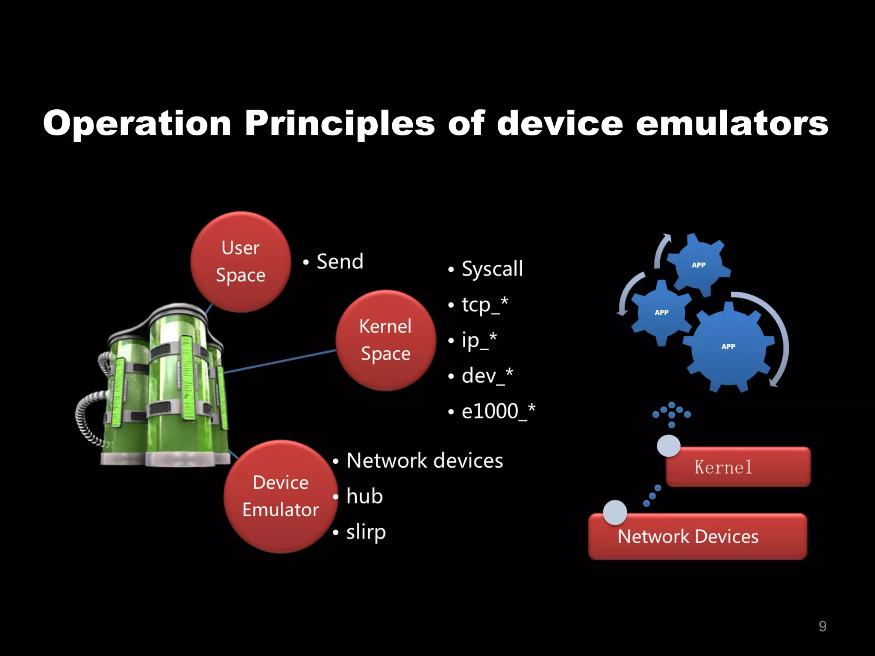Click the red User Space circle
tap(241, 262)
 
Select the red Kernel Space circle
tap(385, 340)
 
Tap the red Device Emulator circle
tap(281, 496)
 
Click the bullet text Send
tap(340, 261)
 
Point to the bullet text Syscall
tap(492, 269)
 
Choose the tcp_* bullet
tap(484, 305)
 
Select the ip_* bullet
tap(479, 340)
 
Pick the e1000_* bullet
tap(498, 411)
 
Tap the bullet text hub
tap(364, 496)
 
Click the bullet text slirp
tap(366, 532)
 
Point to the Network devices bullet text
tap(425, 460)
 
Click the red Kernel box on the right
tap(738, 467)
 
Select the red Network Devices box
tap(697, 537)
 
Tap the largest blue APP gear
tap(728, 346)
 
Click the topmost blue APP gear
tap(699, 265)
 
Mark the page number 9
tap(822, 626)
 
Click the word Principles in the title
tap(340, 124)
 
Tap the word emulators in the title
tap(732, 124)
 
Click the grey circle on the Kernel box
tap(669, 446)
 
